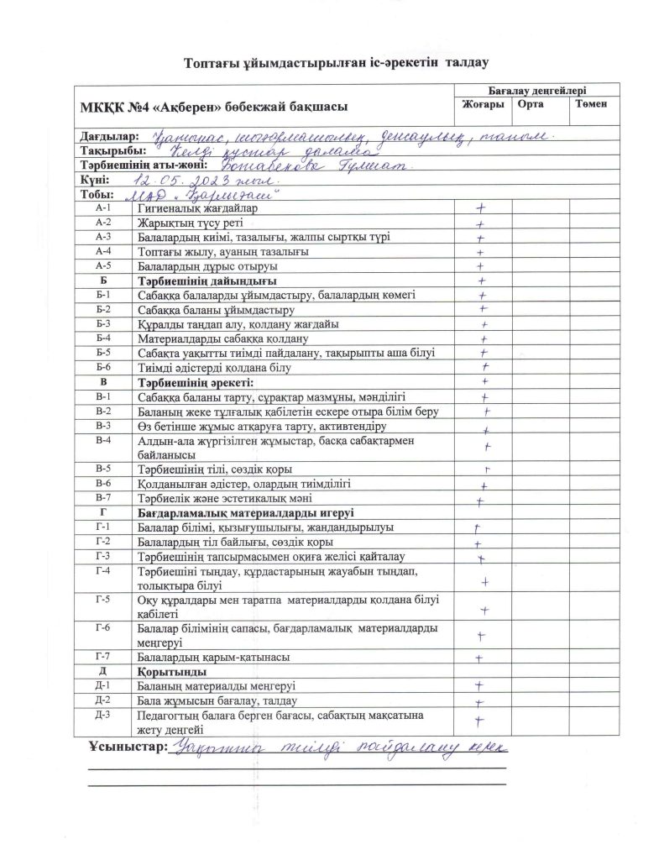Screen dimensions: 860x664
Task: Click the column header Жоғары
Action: coord(482,104)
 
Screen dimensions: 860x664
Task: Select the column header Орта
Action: coord(531,104)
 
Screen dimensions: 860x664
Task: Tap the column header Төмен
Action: coord(591,104)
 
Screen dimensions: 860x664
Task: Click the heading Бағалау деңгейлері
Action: coord(536,89)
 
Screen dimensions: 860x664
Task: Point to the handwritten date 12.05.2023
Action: coord(175,181)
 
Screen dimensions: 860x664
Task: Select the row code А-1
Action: coord(103,207)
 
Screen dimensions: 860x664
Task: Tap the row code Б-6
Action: coord(103,368)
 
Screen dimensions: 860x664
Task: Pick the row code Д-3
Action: coord(103,715)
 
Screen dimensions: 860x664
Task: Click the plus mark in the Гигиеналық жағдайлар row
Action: coord(481,208)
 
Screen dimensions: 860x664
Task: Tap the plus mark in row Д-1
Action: coord(479,686)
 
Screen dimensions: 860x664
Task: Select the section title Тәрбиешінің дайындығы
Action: coord(206,281)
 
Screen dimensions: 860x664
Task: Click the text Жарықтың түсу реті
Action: coord(186,223)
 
